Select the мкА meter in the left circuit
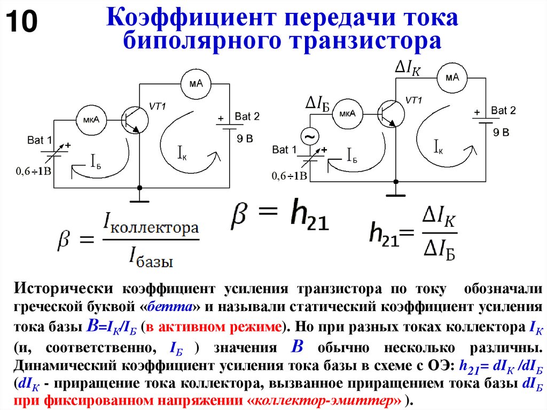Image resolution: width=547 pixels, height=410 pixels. coord(91,119)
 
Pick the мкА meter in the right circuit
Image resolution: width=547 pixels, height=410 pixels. coord(347,114)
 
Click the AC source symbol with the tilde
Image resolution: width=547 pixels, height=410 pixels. coord(309,137)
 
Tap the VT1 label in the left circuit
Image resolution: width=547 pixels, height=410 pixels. coord(158,106)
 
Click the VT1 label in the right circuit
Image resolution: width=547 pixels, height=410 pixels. coord(413,100)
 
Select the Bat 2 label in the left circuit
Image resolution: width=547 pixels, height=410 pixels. coord(247,116)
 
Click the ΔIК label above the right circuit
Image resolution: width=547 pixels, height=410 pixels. coord(408,67)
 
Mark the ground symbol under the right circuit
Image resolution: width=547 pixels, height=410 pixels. coord(396,195)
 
